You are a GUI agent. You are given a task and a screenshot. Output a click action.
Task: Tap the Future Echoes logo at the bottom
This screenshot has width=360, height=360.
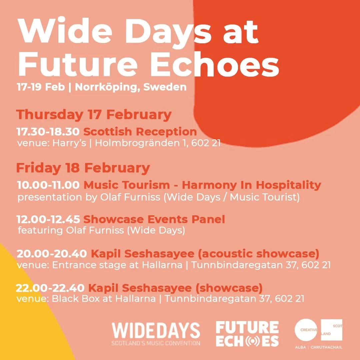click(x=247, y=334)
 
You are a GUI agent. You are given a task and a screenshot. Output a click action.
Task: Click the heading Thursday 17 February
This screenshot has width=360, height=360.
click(x=94, y=115)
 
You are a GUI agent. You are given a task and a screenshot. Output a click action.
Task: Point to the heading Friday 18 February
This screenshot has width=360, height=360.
click(x=83, y=168)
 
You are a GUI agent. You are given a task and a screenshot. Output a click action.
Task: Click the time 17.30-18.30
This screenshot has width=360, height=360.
click(x=48, y=132)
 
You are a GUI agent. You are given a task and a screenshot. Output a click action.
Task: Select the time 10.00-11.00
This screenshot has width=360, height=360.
click(x=48, y=185)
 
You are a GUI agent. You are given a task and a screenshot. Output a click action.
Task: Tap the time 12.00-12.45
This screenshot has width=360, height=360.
click(x=48, y=219)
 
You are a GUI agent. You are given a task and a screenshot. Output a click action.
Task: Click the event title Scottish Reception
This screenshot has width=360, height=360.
click(x=140, y=132)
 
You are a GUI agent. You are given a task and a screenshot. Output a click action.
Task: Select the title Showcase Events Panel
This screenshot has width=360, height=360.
click(x=154, y=219)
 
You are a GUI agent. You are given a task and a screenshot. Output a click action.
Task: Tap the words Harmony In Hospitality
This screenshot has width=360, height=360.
click(x=252, y=185)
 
